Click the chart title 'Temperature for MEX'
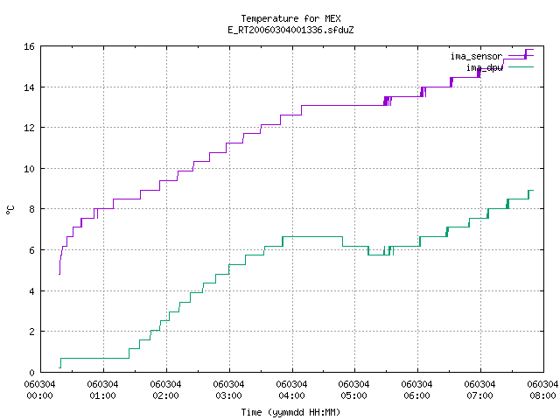(290, 18)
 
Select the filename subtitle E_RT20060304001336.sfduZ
(290, 30)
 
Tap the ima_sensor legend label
(476, 56)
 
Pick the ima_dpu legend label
(484, 67)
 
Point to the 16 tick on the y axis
(29, 46)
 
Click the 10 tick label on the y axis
(29, 169)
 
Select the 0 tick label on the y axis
(32, 373)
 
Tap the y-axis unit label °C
(10, 210)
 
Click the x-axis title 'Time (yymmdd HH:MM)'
(290, 412)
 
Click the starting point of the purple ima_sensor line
(59, 274)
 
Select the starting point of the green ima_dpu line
(59, 367)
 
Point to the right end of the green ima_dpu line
(533, 191)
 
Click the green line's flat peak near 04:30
(312, 237)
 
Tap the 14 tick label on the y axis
(29, 87)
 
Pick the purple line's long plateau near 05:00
(343, 105)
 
